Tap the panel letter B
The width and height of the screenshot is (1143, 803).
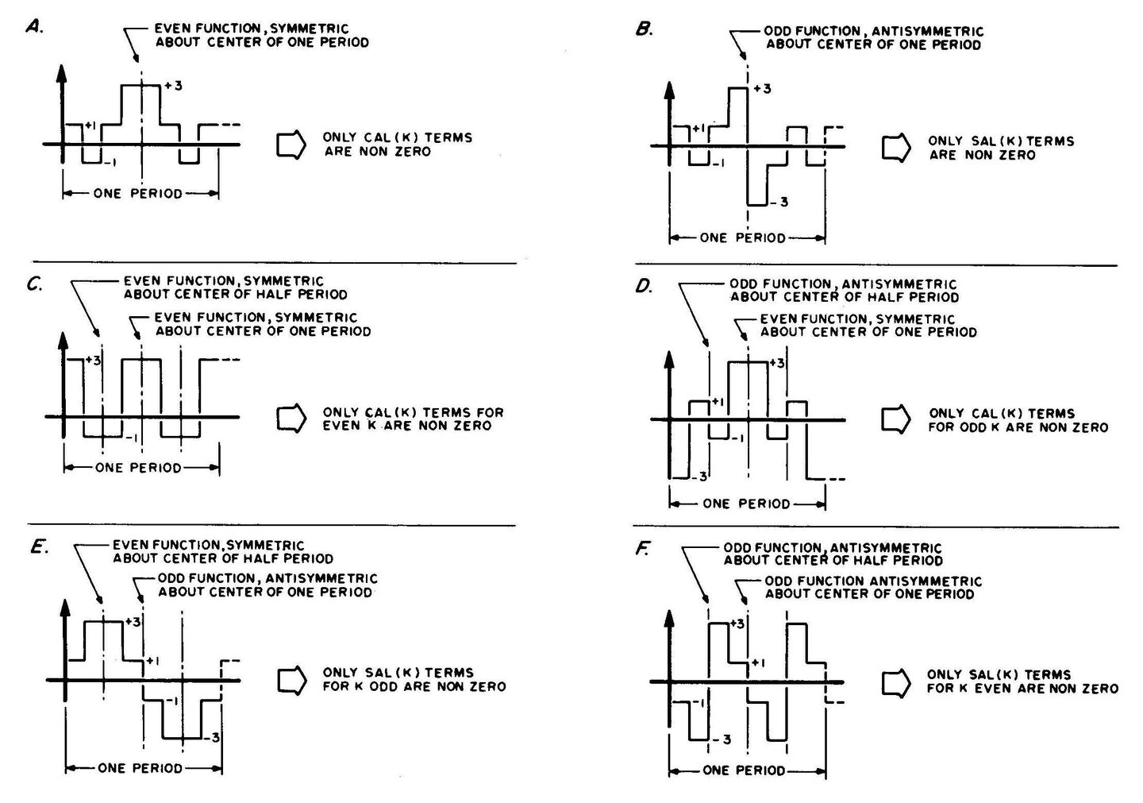644,29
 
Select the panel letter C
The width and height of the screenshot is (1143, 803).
35,284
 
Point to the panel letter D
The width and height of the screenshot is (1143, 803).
644,287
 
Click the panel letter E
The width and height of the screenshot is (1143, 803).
40,548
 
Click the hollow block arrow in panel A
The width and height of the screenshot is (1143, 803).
291,145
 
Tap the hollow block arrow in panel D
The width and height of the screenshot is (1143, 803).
896,419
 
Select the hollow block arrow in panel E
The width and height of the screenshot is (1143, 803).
292,681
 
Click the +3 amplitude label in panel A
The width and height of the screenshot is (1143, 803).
173,86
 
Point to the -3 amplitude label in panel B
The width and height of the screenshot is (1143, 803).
779,203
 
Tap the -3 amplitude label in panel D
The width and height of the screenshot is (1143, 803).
699,477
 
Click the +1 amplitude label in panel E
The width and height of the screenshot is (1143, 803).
152,661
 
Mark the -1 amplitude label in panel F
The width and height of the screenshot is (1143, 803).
698,704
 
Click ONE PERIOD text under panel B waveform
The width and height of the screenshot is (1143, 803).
742,238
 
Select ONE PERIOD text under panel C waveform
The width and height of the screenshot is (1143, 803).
138,468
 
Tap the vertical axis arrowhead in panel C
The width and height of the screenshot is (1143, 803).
63,342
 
